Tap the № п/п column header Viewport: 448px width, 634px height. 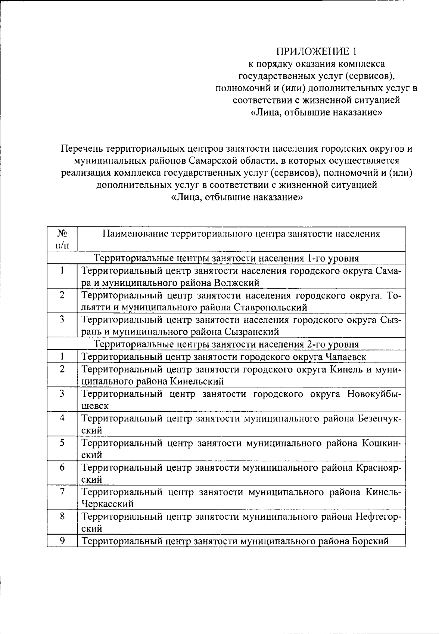62,239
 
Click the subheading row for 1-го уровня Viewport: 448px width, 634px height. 226,258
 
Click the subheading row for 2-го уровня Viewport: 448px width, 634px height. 226,344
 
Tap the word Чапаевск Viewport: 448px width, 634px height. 346,357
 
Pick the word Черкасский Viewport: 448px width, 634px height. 108,504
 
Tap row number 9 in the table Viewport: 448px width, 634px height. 62,540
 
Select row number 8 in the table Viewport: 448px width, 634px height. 62,516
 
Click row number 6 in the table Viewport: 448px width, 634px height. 62,467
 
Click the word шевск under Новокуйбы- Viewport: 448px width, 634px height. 95,406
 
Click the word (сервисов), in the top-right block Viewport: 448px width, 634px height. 369,76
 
